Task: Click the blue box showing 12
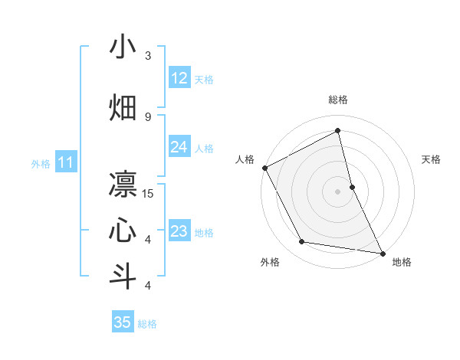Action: [179, 79]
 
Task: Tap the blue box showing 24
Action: [179, 148]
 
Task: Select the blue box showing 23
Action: [179, 232]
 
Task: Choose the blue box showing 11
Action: [66, 162]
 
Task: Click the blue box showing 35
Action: [123, 322]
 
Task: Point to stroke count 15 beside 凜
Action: [148, 194]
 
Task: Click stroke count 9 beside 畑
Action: [148, 116]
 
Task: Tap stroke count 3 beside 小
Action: [148, 56]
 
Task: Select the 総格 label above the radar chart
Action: [338, 100]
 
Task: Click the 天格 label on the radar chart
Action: [432, 159]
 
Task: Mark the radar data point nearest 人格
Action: [264, 168]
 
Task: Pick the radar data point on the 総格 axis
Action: [338, 131]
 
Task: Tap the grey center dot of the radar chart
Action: [338, 191]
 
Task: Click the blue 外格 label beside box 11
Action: [41, 164]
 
